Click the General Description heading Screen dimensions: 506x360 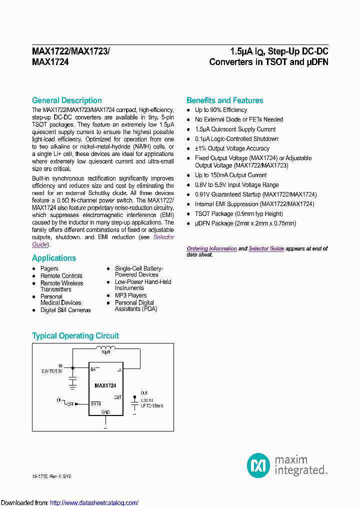[x=66, y=100]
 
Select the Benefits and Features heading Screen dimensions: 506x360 [x=224, y=100]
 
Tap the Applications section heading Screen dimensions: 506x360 [x=54, y=258]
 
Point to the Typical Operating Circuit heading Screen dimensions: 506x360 [x=75, y=336]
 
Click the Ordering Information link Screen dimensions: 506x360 [x=211, y=248]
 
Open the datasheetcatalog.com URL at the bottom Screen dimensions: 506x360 [x=94, y=503]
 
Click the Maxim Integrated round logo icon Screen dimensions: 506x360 [x=258, y=465]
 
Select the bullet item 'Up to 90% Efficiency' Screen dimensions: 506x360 [x=220, y=110]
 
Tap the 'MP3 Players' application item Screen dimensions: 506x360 [x=130, y=295]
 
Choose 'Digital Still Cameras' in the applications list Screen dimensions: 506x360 [x=65, y=310]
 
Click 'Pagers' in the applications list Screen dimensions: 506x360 [x=49, y=268]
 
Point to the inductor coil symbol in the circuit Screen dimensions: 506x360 [x=105, y=348]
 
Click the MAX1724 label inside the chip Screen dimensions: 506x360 [x=105, y=385]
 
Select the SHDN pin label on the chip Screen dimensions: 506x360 [x=95, y=404]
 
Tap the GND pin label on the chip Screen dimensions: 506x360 [x=105, y=412]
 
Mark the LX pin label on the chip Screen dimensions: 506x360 [x=119, y=370]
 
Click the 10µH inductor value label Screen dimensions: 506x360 [x=105, y=352]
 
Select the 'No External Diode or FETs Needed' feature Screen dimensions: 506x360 [x=238, y=119]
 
